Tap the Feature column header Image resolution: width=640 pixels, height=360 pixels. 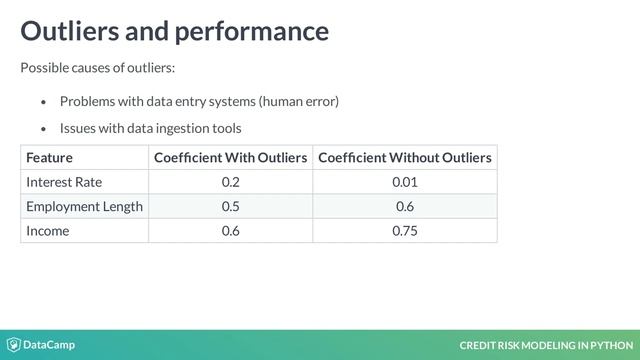click(x=50, y=158)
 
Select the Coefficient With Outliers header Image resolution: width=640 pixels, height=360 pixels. click(x=230, y=158)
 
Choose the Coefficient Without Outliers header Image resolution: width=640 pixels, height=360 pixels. click(x=404, y=158)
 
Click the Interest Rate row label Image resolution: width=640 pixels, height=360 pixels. click(x=64, y=182)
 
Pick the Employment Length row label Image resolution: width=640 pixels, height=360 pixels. click(x=84, y=206)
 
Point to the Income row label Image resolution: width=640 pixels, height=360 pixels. click(x=48, y=230)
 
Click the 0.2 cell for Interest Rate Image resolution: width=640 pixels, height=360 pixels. click(x=230, y=182)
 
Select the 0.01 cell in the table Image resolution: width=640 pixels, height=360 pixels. click(x=404, y=182)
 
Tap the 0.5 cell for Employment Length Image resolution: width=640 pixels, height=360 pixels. click(x=230, y=206)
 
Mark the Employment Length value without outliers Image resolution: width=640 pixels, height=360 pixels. click(x=404, y=206)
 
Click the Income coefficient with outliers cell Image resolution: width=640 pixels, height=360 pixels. click(x=230, y=230)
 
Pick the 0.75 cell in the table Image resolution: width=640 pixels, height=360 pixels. click(x=404, y=230)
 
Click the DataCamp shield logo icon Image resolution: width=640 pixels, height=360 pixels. click(x=13, y=345)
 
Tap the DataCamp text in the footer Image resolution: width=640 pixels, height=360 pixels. click(x=49, y=345)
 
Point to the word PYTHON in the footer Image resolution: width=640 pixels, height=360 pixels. click(x=613, y=346)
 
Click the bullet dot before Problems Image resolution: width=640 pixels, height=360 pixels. click(x=43, y=102)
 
